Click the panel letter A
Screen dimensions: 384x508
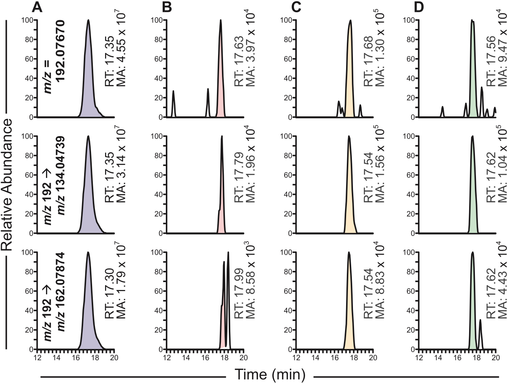(37, 7)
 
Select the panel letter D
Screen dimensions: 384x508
(419, 7)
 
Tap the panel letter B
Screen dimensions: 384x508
(167, 7)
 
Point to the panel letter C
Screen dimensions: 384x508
(296, 7)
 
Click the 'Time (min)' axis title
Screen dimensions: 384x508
(270, 375)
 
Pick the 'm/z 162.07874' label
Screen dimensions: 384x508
(60, 292)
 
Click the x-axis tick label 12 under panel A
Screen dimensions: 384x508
(37, 357)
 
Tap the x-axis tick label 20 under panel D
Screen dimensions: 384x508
(495, 357)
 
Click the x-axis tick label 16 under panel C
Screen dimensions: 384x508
(335, 357)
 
